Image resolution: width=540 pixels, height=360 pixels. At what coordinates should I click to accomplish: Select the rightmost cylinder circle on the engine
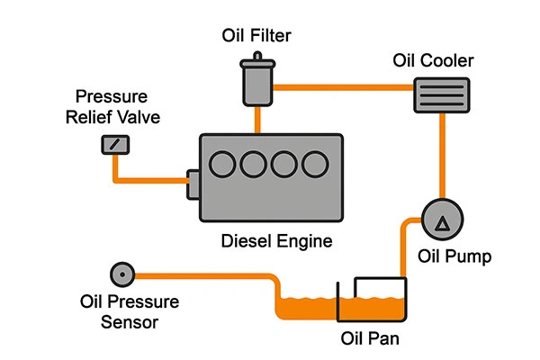[315, 164]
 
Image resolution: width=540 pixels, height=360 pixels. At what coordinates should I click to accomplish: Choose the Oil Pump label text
[454, 257]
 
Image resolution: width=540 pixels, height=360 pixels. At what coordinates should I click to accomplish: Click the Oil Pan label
[371, 340]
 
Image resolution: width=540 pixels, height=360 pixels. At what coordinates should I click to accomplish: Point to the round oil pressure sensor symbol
[119, 273]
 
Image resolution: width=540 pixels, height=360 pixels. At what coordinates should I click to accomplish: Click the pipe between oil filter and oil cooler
[342, 87]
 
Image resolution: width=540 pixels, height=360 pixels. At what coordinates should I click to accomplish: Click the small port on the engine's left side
[192, 185]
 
